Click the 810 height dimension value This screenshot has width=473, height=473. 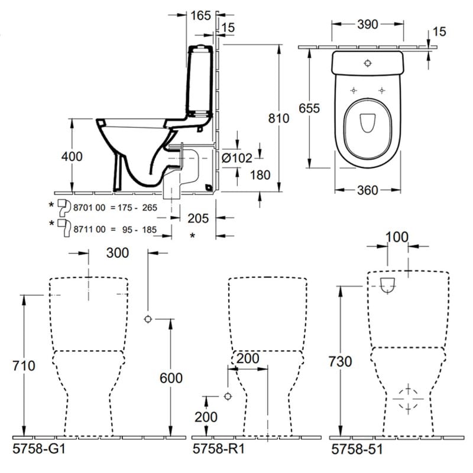point(278,119)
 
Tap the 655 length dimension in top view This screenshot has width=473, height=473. point(309,109)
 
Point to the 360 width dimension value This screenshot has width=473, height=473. point(368,190)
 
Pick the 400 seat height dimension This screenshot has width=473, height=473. point(72,156)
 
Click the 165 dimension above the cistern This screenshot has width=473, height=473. point(201,16)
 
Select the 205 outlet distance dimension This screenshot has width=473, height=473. point(197,219)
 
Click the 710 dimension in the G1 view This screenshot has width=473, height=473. point(24,366)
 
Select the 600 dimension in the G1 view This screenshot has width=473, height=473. point(170,378)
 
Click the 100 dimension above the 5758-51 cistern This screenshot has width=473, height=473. point(397,238)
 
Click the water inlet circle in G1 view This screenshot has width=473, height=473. point(148,320)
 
